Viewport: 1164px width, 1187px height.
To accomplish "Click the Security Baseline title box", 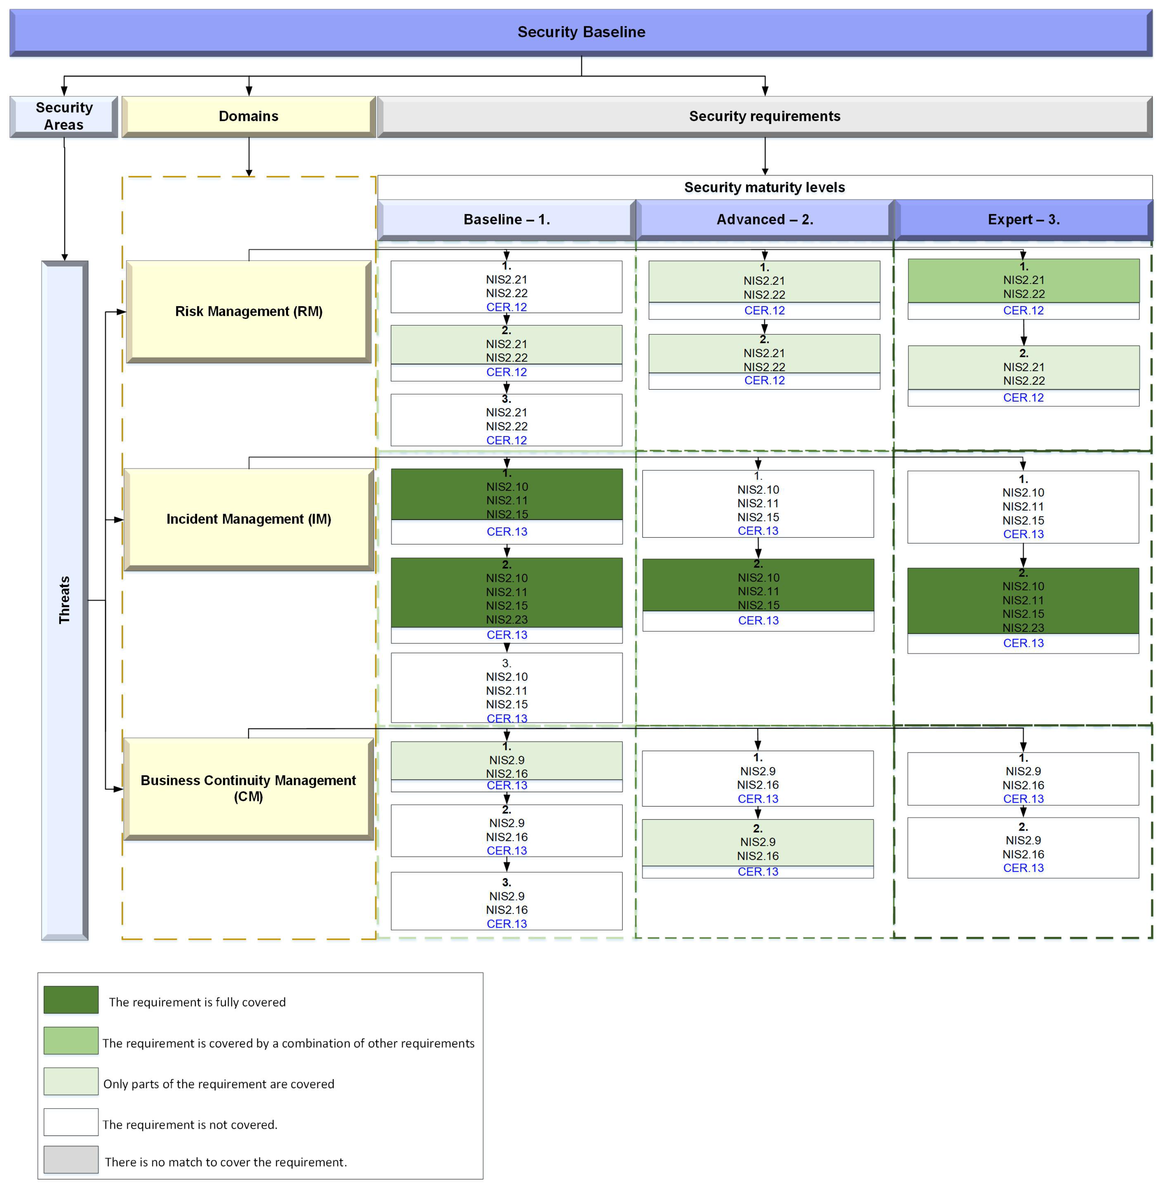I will point(581,32).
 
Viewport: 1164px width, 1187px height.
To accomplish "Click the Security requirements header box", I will point(764,116).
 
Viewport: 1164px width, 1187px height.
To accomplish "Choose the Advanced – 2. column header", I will point(764,219).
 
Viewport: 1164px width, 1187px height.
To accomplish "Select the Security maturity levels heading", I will point(764,188).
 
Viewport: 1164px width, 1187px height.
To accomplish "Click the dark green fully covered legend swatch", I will point(71,999).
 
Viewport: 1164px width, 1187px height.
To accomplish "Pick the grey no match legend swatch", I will point(71,1159).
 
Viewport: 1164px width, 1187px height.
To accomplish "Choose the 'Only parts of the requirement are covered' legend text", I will point(218,1084).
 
